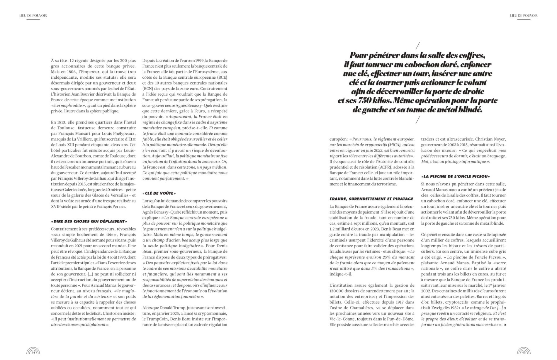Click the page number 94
pos(33,352)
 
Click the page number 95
pos(524,352)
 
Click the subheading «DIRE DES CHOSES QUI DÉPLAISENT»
pos(89,221)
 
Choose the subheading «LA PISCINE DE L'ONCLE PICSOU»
pos(455,176)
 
